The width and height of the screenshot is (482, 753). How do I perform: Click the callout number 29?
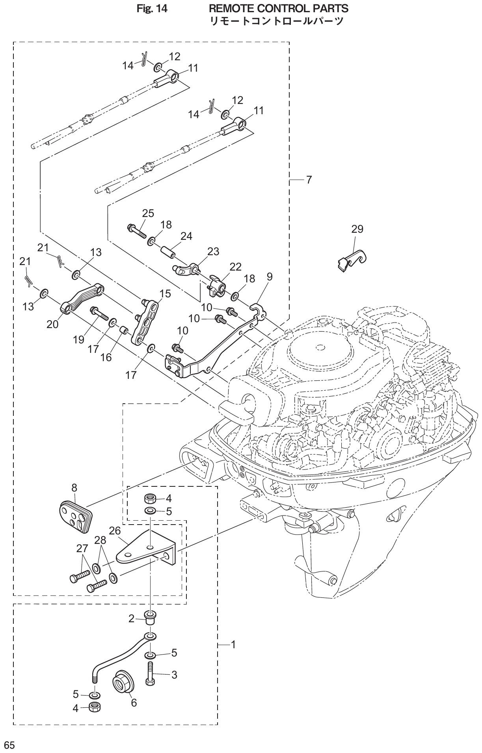coord(357,229)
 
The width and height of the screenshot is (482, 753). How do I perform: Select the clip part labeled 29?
coord(351,260)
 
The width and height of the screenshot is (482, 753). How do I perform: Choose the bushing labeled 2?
coord(150,618)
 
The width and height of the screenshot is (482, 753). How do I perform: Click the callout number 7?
coord(309,180)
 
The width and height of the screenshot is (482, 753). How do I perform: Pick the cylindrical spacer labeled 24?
coord(167,252)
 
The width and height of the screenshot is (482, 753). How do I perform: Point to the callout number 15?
coord(165,293)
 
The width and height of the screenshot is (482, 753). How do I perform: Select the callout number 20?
coord(52,324)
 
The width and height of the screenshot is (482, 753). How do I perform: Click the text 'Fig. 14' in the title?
coord(152,8)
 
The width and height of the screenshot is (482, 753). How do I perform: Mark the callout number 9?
coord(269,277)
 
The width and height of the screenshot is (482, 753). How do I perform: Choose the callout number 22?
coord(236,267)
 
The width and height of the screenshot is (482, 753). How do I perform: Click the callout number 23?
coord(213,251)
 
